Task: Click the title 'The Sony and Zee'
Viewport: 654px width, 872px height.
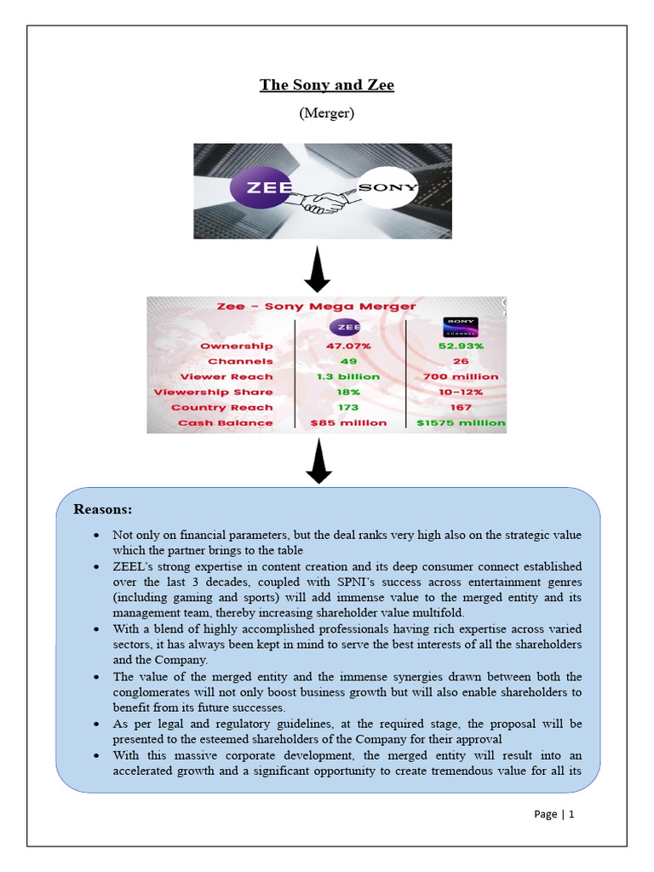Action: click(x=327, y=85)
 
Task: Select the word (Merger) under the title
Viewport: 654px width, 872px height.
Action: click(x=327, y=113)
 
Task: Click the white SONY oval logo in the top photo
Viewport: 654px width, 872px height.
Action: click(x=387, y=187)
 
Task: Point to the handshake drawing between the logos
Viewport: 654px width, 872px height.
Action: click(x=324, y=203)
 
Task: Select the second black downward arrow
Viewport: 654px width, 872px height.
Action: click(x=318, y=462)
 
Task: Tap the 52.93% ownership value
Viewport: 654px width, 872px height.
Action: click(x=461, y=346)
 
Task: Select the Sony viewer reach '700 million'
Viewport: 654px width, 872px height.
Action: click(x=461, y=376)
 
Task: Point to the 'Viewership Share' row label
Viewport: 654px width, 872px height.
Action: click(x=214, y=392)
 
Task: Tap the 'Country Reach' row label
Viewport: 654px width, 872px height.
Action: click(x=222, y=407)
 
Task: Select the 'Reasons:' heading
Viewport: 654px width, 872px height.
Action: click(x=103, y=510)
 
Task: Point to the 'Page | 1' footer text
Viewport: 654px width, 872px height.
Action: click(x=554, y=814)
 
